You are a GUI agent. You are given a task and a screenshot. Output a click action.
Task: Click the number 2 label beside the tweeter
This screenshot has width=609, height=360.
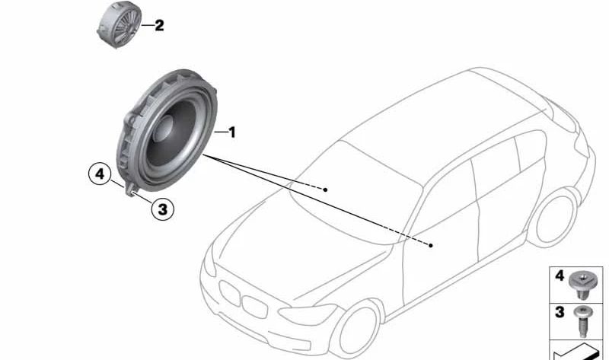click(x=158, y=26)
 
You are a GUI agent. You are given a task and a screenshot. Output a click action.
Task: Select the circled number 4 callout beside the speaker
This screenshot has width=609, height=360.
click(x=98, y=175)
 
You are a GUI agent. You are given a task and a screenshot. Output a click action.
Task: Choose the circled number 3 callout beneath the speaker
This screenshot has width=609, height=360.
click(x=161, y=208)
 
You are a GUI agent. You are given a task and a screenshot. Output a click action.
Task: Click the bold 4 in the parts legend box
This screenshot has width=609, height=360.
click(x=560, y=278)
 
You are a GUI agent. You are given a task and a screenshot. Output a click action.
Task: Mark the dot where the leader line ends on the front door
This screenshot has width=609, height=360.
click(x=431, y=245)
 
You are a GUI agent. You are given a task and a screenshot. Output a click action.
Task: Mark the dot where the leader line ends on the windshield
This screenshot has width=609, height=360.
click(x=325, y=188)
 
